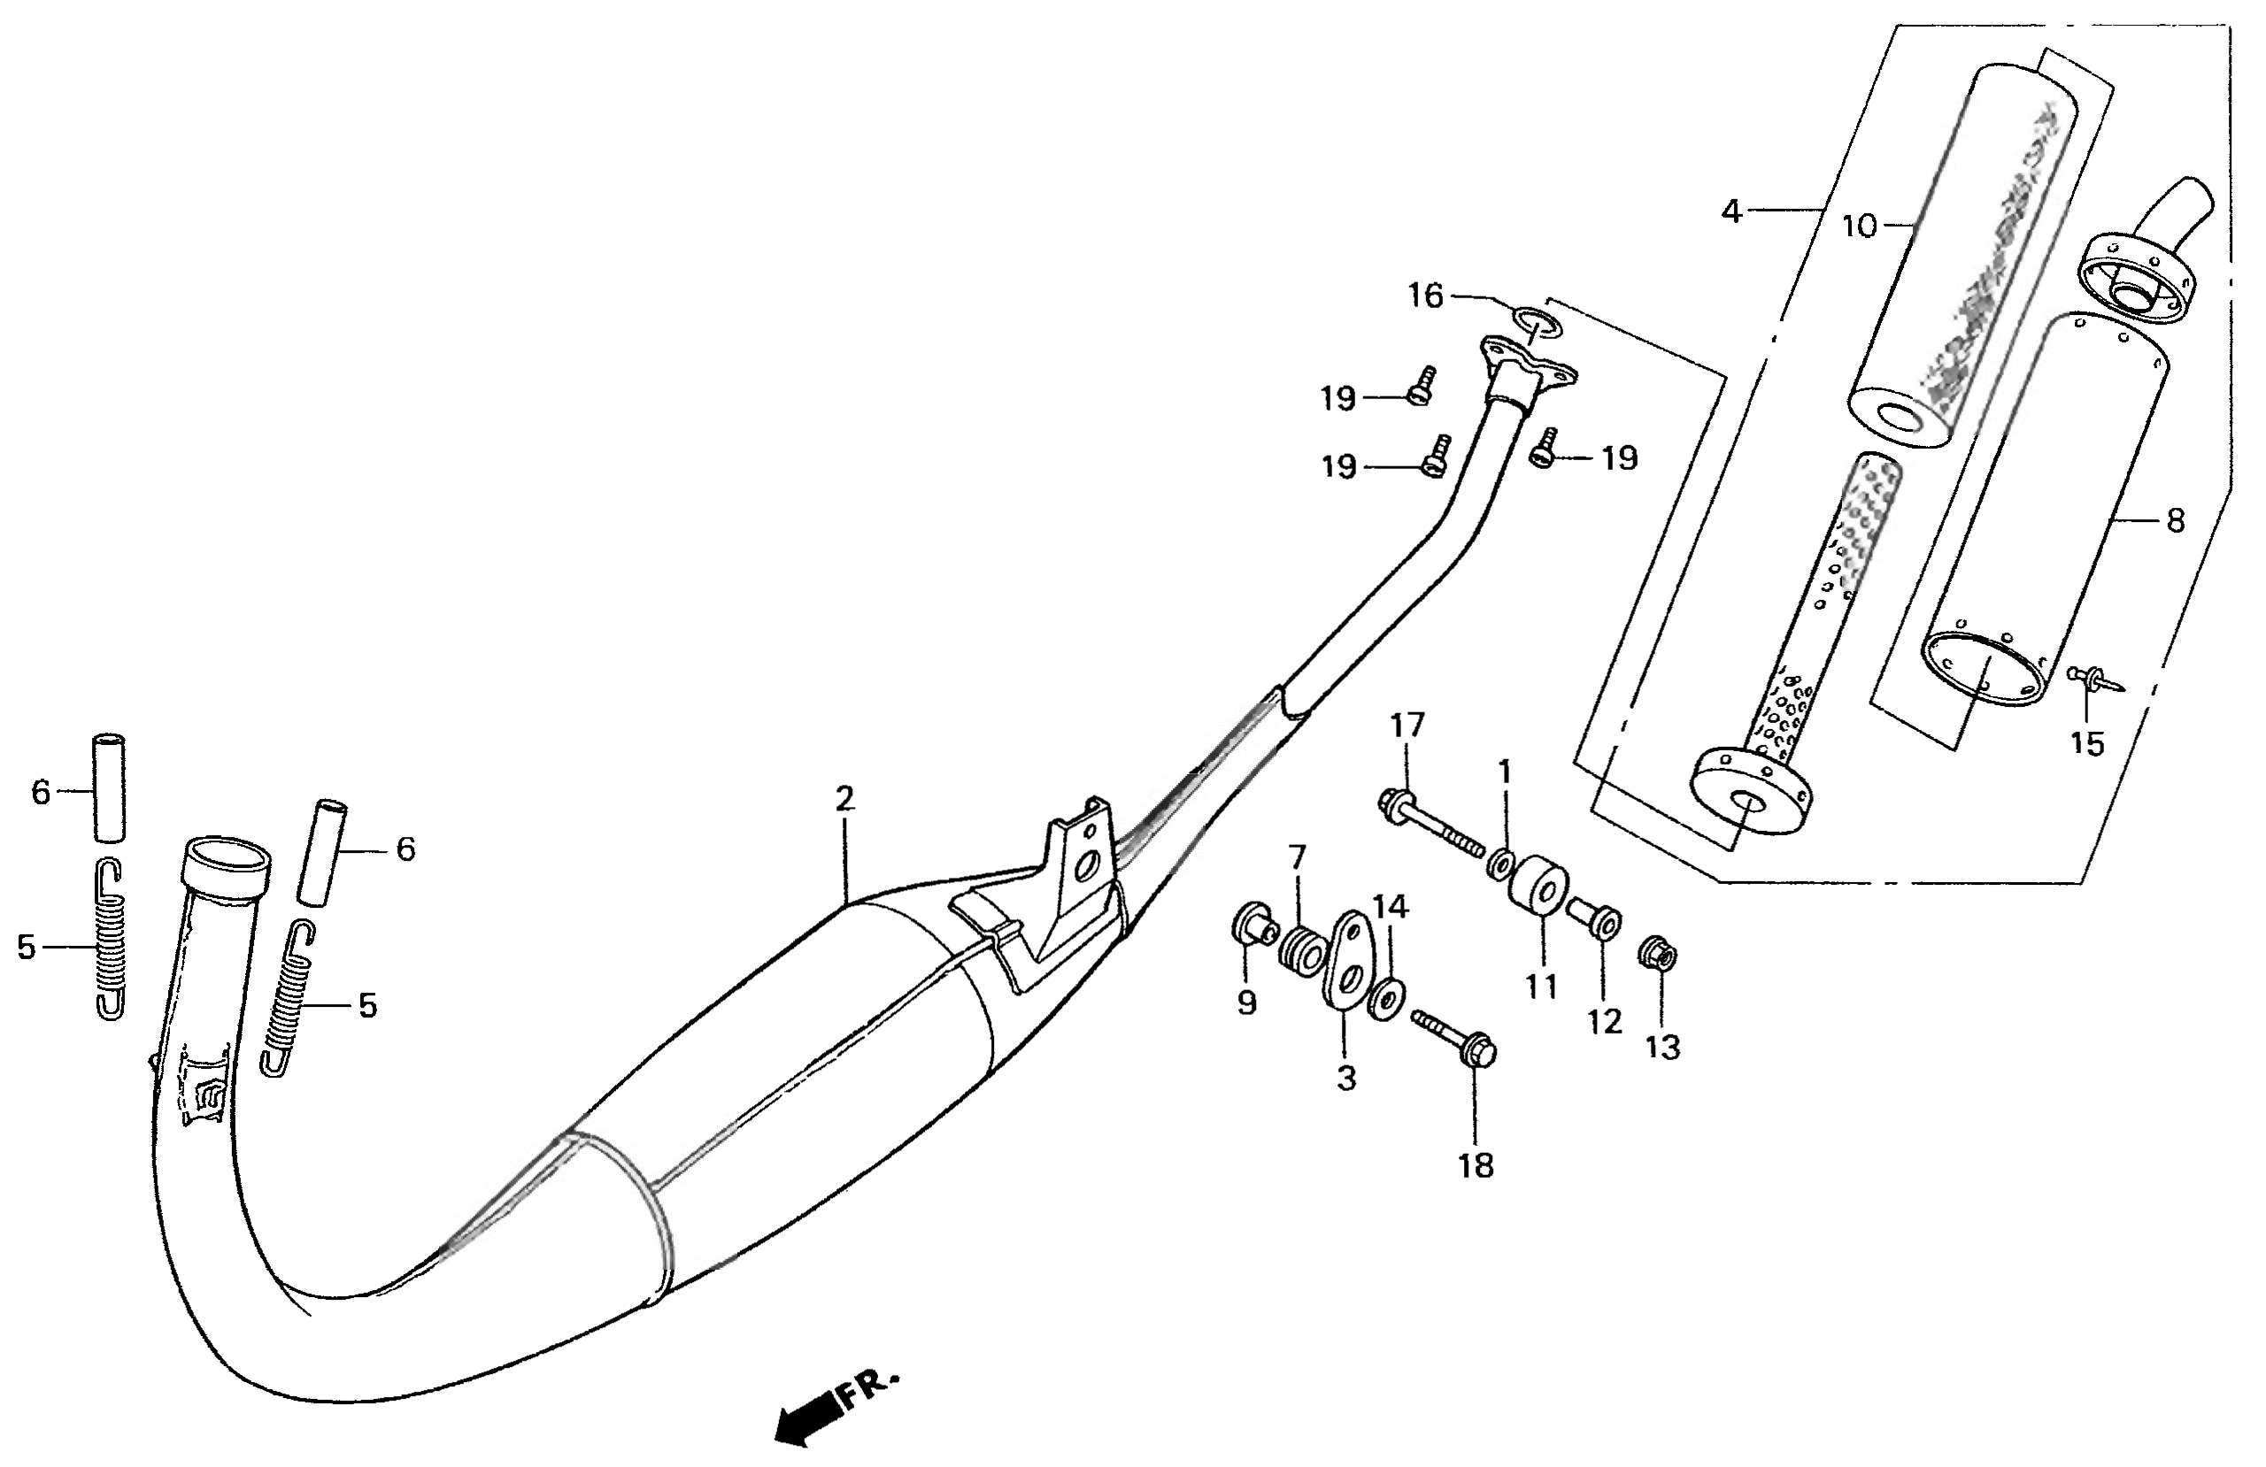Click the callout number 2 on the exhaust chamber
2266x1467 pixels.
844,799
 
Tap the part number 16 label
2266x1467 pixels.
1425,296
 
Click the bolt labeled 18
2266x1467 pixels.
1457,1039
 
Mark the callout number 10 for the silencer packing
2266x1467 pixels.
1858,226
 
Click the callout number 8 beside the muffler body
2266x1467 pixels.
2176,521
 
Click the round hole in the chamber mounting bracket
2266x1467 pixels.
1085,865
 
